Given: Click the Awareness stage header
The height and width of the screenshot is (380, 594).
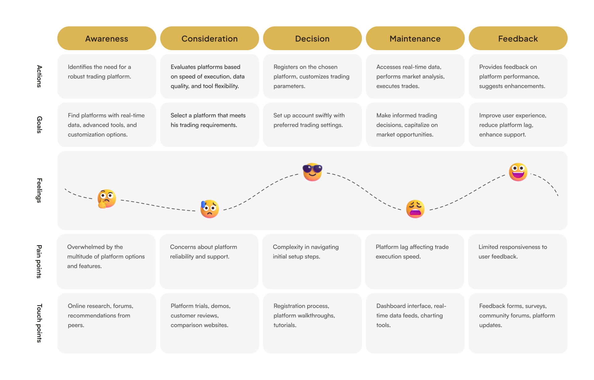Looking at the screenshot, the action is [x=107, y=38].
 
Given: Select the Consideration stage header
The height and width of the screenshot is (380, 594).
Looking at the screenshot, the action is [x=209, y=38].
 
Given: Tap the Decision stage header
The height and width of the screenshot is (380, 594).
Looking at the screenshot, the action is [x=312, y=38].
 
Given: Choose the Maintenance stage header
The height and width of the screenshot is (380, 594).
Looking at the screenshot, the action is [x=415, y=38].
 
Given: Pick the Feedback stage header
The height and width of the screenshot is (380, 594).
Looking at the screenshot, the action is [x=518, y=38].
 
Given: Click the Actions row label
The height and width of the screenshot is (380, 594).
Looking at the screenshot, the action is [x=39, y=76].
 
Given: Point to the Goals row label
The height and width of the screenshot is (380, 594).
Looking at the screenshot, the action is [x=39, y=125].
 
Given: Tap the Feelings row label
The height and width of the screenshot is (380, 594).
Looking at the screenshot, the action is [x=39, y=190].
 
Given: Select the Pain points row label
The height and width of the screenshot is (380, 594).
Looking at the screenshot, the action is [x=39, y=261].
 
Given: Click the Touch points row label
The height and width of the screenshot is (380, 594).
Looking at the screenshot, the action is [x=39, y=323].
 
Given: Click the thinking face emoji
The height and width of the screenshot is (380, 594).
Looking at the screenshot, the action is [x=107, y=199].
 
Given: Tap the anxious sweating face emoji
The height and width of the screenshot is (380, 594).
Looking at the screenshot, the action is [x=209, y=209].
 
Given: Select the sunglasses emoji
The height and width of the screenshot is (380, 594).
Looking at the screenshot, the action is [x=312, y=172].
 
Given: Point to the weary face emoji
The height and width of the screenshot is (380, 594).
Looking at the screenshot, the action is [x=415, y=209].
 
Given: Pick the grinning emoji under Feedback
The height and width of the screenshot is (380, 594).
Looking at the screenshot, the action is [x=518, y=172].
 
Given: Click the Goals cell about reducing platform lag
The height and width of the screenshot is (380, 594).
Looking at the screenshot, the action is [x=518, y=125].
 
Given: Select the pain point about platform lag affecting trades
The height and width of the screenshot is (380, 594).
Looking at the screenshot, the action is [x=415, y=261].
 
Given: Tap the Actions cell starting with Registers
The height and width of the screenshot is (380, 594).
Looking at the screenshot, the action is [x=312, y=76].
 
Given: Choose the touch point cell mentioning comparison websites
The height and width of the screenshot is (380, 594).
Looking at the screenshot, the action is [x=209, y=323].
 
